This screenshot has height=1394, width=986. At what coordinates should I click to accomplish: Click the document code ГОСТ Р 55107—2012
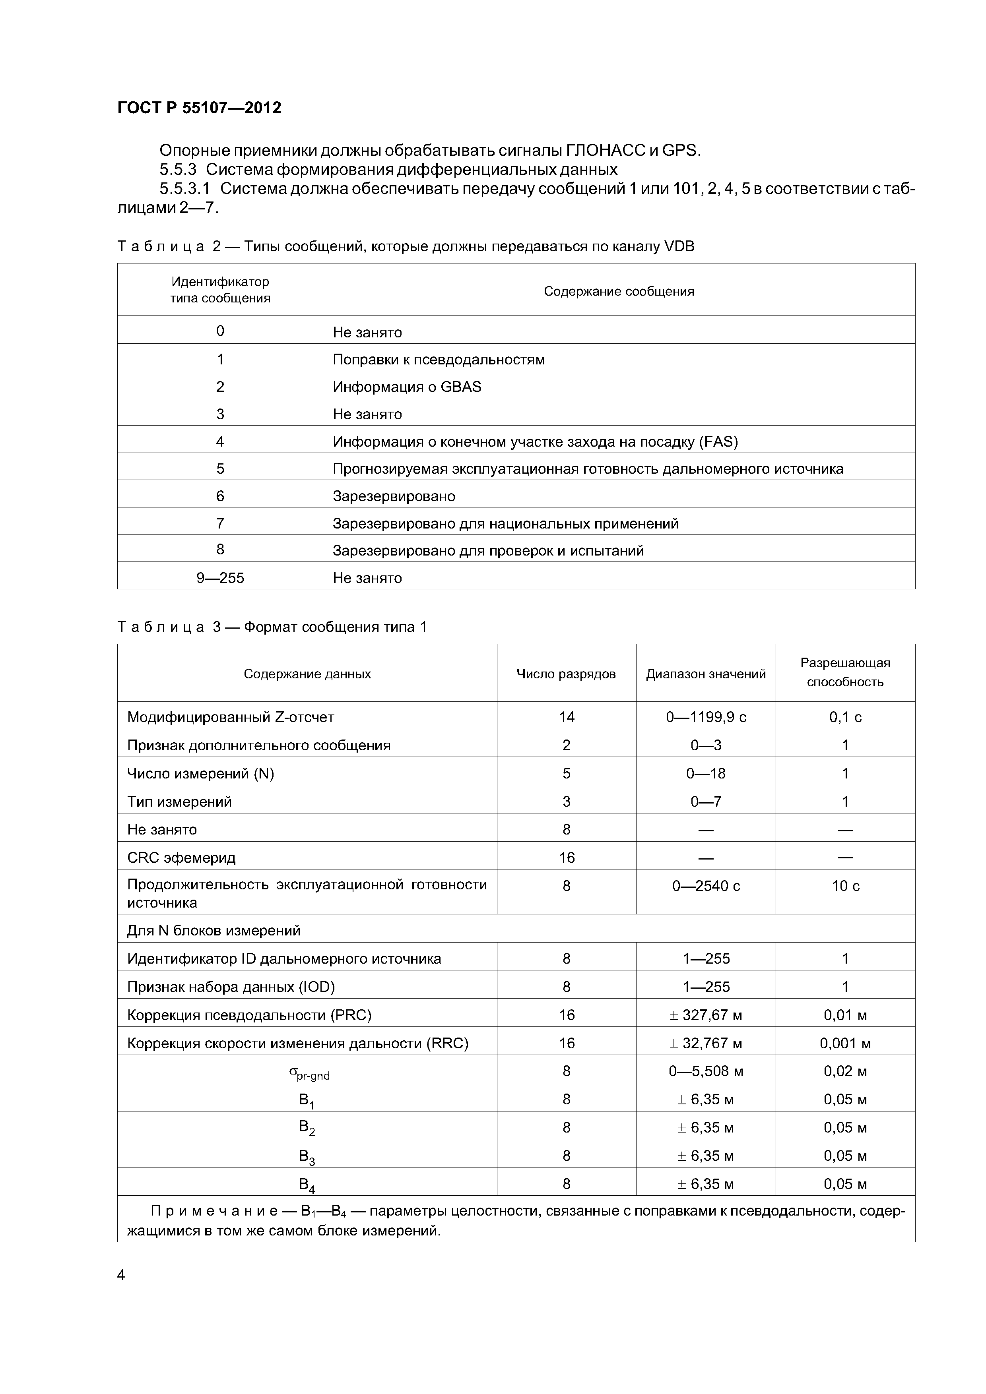(x=199, y=108)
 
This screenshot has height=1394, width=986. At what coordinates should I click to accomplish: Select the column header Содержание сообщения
(x=619, y=291)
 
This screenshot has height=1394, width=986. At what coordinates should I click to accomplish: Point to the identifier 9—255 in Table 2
(x=220, y=577)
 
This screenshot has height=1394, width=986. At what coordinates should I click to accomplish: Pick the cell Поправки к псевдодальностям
(x=439, y=360)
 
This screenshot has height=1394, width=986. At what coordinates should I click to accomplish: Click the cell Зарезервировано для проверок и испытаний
(x=488, y=551)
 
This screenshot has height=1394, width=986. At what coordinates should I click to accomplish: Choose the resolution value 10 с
(x=845, y=886)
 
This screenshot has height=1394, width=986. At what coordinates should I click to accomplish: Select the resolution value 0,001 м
(x=845, y=1043)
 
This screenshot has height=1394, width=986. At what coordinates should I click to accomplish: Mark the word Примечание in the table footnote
(x=214, y=1211)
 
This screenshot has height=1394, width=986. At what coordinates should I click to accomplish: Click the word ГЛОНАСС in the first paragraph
(x=605, y=150)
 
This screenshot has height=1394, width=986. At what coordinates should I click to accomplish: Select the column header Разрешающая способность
(x=845, y=672)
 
